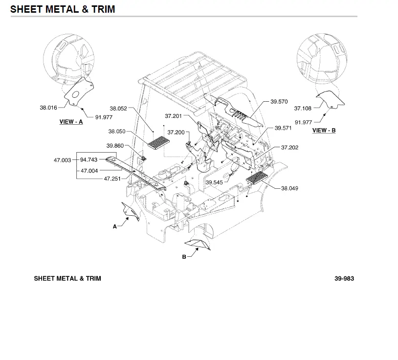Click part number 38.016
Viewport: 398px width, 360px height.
(48, 108)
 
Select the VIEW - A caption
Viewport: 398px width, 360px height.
(71, 122)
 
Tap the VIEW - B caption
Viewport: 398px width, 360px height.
(324, 131)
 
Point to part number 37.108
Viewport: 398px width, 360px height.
(303, 109)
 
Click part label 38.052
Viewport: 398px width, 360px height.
(118, 109)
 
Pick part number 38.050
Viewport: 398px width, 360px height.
(117, 132)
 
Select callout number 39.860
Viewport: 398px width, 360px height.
(115, 146)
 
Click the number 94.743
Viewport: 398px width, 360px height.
(89, 159)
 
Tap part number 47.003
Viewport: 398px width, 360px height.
(63, 160)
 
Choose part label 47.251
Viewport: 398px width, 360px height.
(112, 179)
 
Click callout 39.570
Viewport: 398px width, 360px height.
(279, 102)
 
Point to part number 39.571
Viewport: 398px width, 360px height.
(283, 128)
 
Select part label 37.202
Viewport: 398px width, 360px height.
(289, 148)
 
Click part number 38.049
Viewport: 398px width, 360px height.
(289, 188)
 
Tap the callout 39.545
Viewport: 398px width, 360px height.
(214, 182)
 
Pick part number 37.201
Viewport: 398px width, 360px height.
(173, 116)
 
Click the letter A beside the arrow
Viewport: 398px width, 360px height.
(115, 226)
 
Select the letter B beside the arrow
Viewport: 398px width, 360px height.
(184, 257)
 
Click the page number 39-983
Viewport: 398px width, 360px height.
(344, 279)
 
